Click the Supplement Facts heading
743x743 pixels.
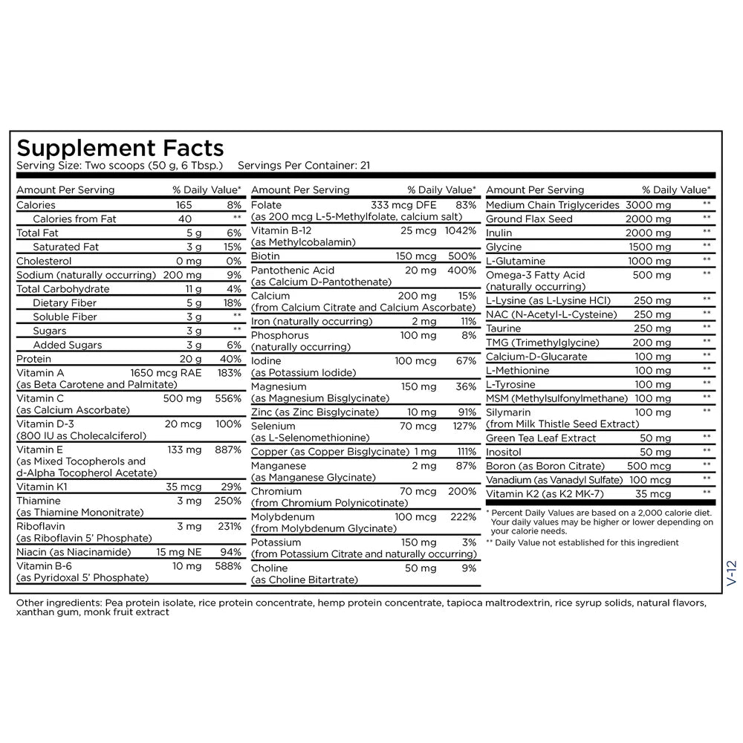pos(120,147)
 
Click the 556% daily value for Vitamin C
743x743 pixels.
pos(227,398)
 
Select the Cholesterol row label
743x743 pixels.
pos(44,261)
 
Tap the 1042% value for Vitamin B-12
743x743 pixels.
pos(460,230)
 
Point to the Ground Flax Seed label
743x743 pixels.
pos(529,218)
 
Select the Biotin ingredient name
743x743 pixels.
pos(265,256)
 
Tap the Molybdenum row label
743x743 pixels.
pos(282,516)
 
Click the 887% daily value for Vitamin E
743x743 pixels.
pos(227,450)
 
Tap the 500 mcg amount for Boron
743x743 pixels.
pos(649,466)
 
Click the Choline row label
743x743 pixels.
pos(269,568)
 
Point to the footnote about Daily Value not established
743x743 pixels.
pos(583,542)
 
